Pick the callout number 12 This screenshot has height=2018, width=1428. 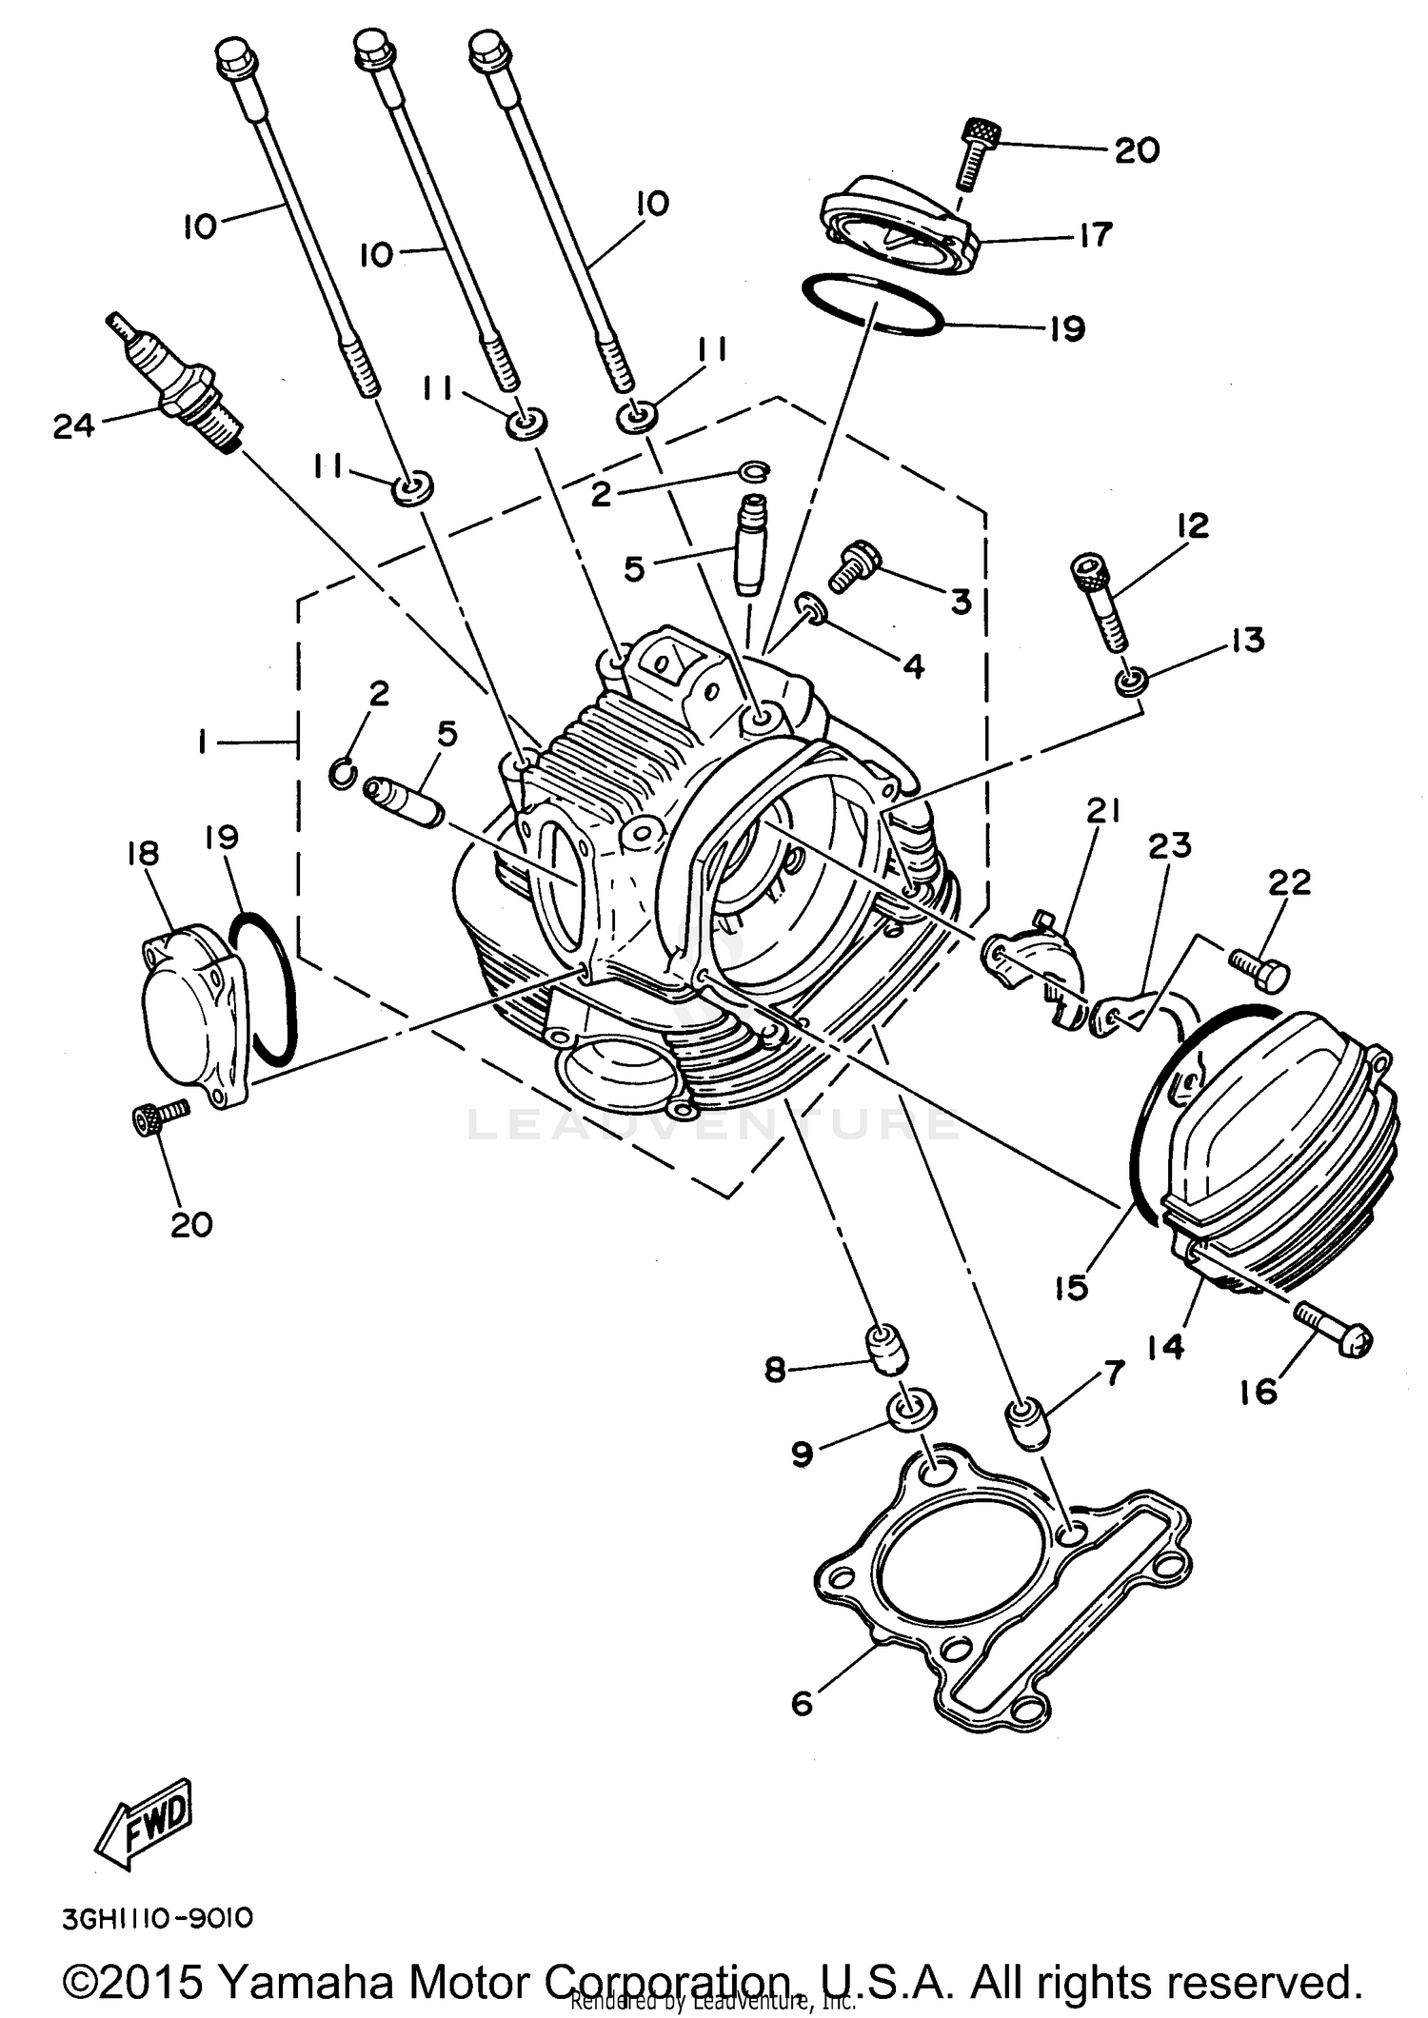(1192, 525)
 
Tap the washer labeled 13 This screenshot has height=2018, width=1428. (1128, 682)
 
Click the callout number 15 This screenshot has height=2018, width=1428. (1071, 1288)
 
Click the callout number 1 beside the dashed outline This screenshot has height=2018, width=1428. (202, 742)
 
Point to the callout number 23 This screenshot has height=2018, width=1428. (1169, 845)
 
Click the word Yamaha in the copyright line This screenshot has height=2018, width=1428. (305, 1983)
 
